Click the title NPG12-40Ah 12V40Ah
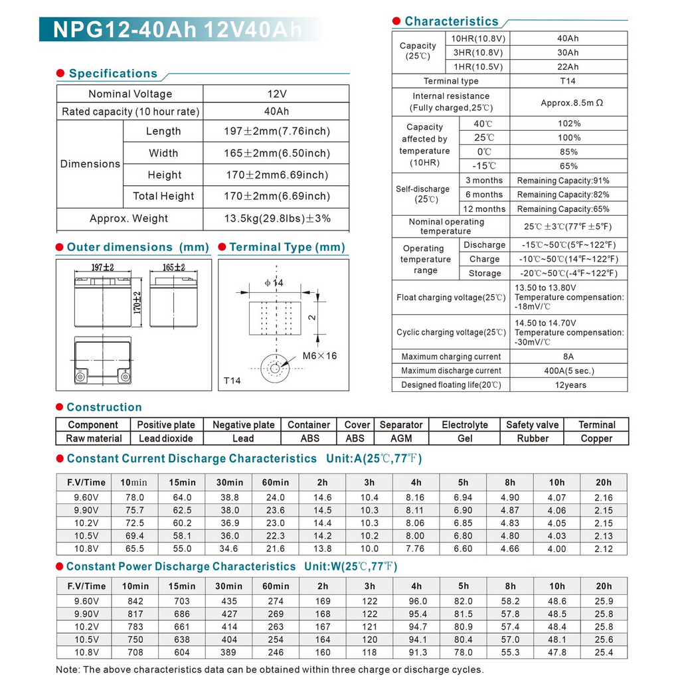177,29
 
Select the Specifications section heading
113,74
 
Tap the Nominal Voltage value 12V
276,94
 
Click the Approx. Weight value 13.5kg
277,218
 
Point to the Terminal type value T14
568,81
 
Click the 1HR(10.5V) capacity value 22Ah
568,67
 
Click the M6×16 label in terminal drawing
319,356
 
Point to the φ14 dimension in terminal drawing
274,283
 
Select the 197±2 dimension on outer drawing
102,268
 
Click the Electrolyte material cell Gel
464,438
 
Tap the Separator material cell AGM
400,438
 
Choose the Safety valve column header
532,424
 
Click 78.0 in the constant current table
135,497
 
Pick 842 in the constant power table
135,601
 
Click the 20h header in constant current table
604,483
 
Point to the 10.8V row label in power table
86,653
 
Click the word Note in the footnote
67,669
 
